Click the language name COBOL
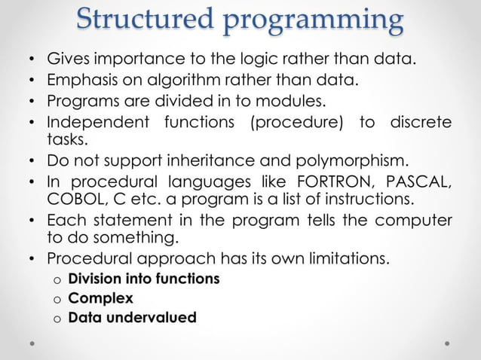tap(73, 197)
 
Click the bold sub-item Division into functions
tap(144, 279)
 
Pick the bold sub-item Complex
tap(100, 298)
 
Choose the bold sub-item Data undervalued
tap(132, 317)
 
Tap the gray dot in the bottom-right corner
tap(448, 341)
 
